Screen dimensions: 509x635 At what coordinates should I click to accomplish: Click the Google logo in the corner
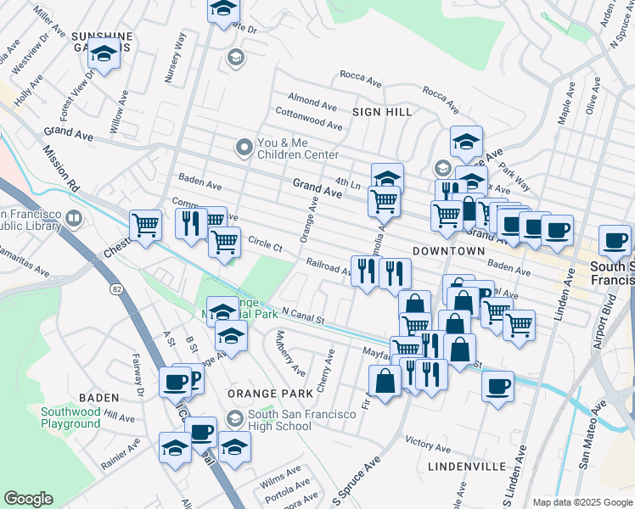point(29,499)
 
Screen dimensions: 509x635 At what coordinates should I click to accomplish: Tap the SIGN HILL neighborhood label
point(383,112)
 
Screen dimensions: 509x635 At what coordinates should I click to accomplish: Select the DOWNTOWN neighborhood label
point(448,251)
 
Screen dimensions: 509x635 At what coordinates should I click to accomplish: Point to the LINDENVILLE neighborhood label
point(468,467)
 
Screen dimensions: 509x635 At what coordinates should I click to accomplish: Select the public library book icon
point(74,221)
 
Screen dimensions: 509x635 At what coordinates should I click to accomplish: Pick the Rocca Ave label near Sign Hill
point(361,77)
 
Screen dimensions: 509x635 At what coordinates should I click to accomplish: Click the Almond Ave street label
point(313,99)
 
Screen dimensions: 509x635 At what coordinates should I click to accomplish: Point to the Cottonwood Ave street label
point(309,119)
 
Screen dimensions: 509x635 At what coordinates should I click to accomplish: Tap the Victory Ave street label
point(428,444)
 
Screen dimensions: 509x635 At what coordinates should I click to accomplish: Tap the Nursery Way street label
point(177,58)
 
